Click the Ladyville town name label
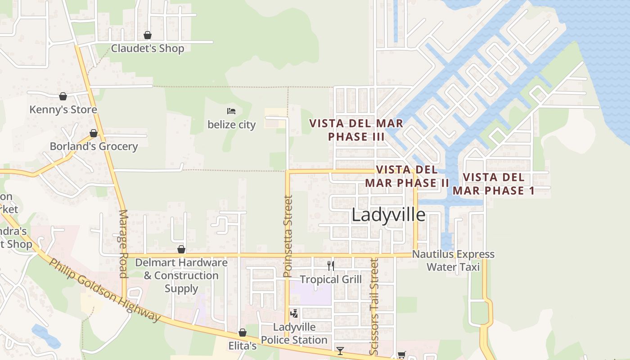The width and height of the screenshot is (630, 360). click(x=388, y=215)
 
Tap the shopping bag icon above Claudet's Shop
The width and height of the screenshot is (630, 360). click(x=147, y=35)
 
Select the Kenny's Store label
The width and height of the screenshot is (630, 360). click(x=63, y=109)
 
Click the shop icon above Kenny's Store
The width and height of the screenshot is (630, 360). click(x=63, y=96)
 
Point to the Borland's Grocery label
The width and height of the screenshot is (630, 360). click(x=94, y=146)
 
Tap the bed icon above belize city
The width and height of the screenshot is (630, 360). click(x=231, y=111)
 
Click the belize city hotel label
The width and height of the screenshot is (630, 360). click(x=231, y=125)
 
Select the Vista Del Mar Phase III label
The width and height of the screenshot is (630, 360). click(x=356, y=130)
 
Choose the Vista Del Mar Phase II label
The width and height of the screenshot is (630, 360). click(x=407, y=176)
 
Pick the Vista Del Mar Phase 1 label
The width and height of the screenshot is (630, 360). click(x=494, y=184)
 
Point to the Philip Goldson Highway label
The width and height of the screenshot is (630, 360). click(x=104, y=290)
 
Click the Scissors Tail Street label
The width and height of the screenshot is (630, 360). click(x=374, y=306)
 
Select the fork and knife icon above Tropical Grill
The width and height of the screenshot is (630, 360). click(x=331, y=265)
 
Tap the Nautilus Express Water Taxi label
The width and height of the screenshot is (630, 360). click(x=453, y=261)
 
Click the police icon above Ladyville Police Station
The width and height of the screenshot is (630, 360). click(x=294, y=313)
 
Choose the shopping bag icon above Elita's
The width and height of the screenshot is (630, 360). click(x=243, y=333)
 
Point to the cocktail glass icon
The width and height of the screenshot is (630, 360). click(x=340, y=351)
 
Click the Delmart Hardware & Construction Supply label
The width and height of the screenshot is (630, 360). click(x=181, y=275)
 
